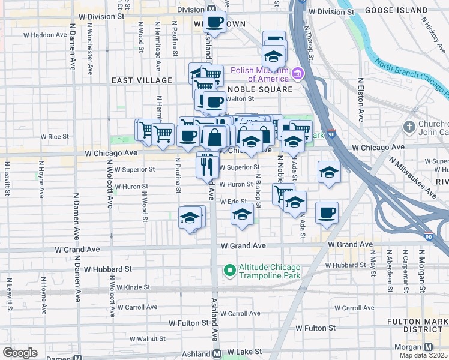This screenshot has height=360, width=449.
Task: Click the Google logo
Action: coord(20,353)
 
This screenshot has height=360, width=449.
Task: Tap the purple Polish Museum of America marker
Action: coord(297,74)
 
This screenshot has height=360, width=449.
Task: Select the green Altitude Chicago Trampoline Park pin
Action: coord(229,271)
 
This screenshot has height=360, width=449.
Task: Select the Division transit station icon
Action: coord(211,9)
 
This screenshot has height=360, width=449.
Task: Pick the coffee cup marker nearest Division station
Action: coord(214,22)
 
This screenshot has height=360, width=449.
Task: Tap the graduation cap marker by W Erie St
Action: coord(242,214)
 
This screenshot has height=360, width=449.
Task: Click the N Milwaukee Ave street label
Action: coord(412,178)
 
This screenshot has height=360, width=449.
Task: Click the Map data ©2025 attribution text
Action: coord(423,355)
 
